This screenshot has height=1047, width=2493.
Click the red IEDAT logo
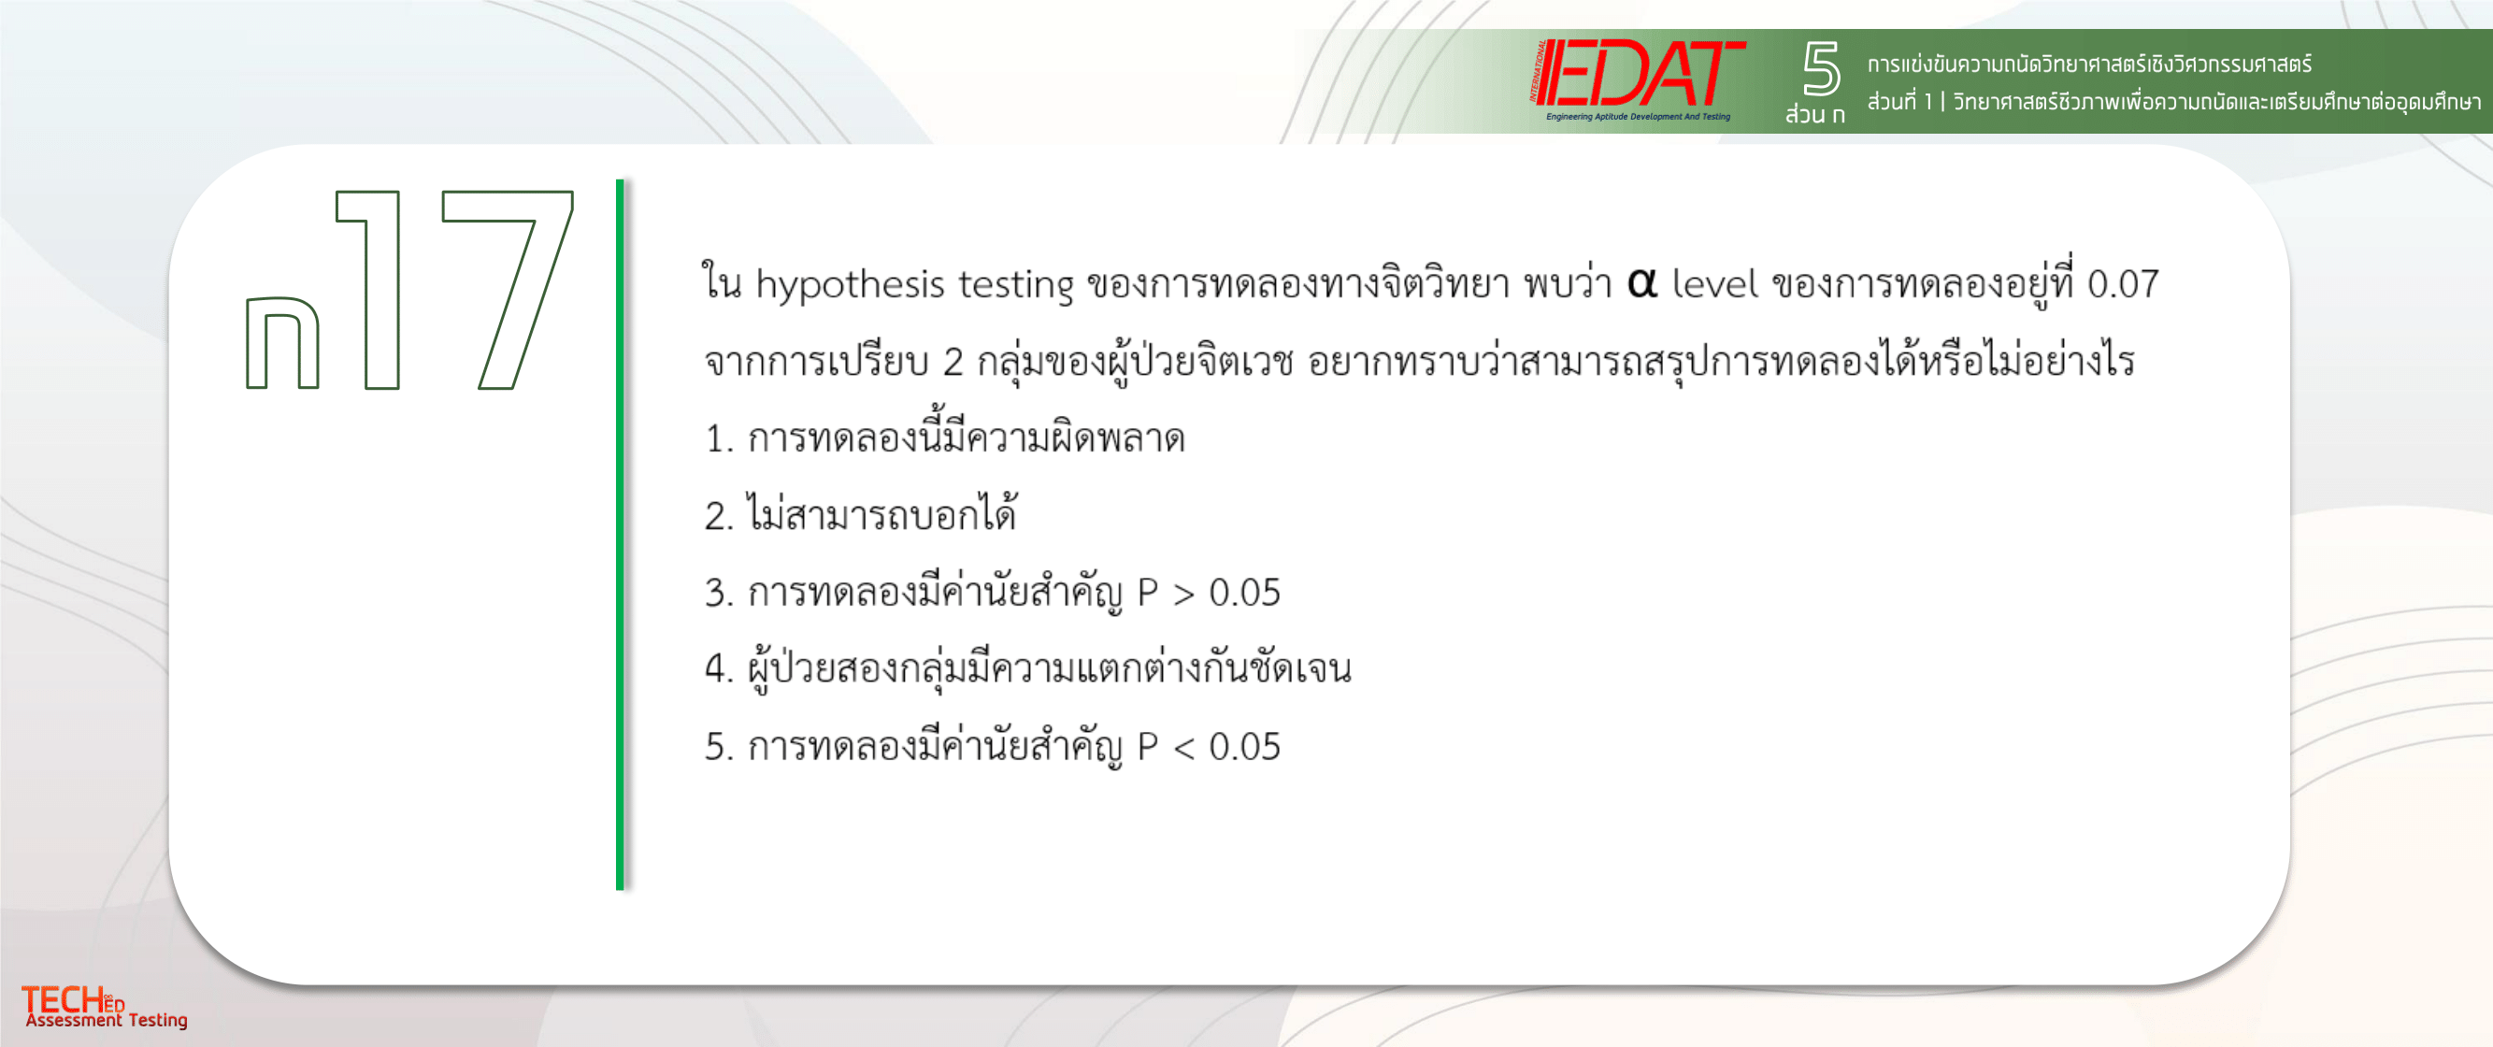tap(1638, 79)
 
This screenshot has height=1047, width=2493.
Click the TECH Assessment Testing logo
tap(105, 1007)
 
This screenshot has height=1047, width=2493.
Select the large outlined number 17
tap(454, 290)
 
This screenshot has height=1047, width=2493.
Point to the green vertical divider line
tap(620, 533)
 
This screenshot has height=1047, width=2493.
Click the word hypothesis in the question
tap(850, 284)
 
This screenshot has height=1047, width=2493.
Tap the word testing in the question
tap(1016, 284)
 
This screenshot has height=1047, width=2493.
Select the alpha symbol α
tap(1641, 282)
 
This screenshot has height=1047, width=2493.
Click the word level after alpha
tap(1714, 282)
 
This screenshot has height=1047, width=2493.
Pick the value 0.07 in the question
tap(2122, 283)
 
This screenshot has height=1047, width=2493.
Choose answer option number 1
tap(944, 437)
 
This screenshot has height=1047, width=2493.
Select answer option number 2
tap(860, 514)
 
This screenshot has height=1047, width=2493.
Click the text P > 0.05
tap(1209, 592)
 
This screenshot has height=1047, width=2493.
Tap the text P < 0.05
tap(1209, 747)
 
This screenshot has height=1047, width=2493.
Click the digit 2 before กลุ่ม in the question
tap(953, 362)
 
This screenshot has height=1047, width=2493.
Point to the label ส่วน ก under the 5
tap(1814, 114)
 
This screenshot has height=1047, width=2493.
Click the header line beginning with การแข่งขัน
tap(2088, 65)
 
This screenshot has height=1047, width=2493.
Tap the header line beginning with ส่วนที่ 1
tap(2173, 102)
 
